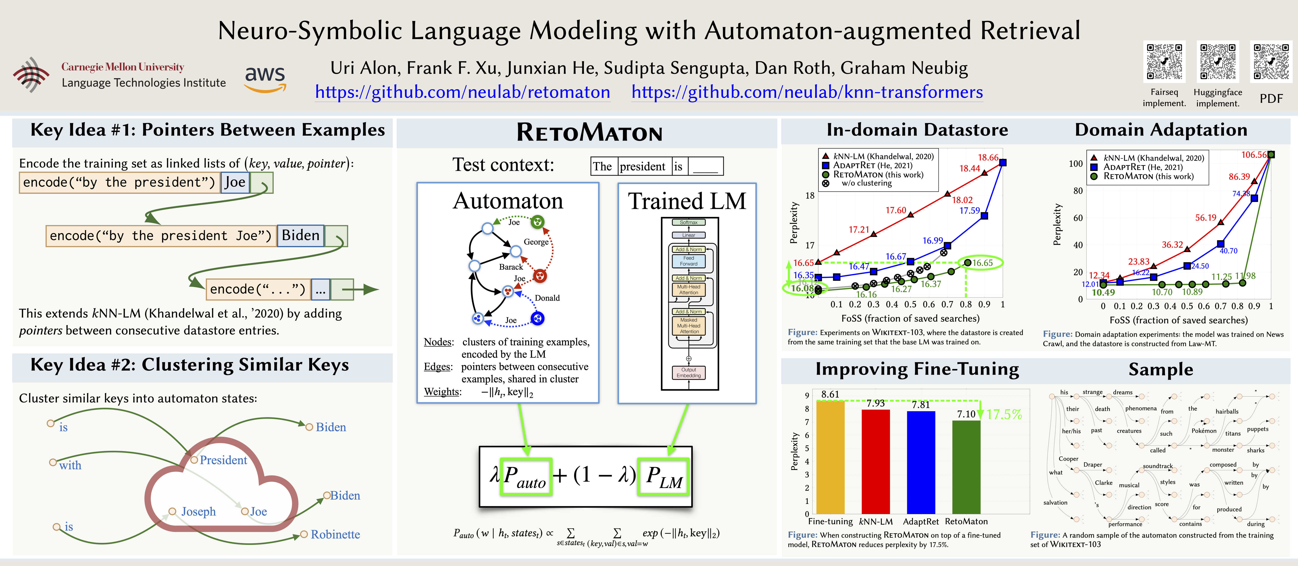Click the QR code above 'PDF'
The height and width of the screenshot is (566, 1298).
coord(1271,62)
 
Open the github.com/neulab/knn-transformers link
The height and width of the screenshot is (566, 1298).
coord(807,92)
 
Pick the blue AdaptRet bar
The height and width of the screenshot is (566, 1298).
coord(921,462)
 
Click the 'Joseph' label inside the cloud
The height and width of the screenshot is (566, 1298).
coord(198,512)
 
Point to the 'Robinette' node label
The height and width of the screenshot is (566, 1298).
coord(335,534)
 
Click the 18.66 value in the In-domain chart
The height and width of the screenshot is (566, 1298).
coord(988,158)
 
